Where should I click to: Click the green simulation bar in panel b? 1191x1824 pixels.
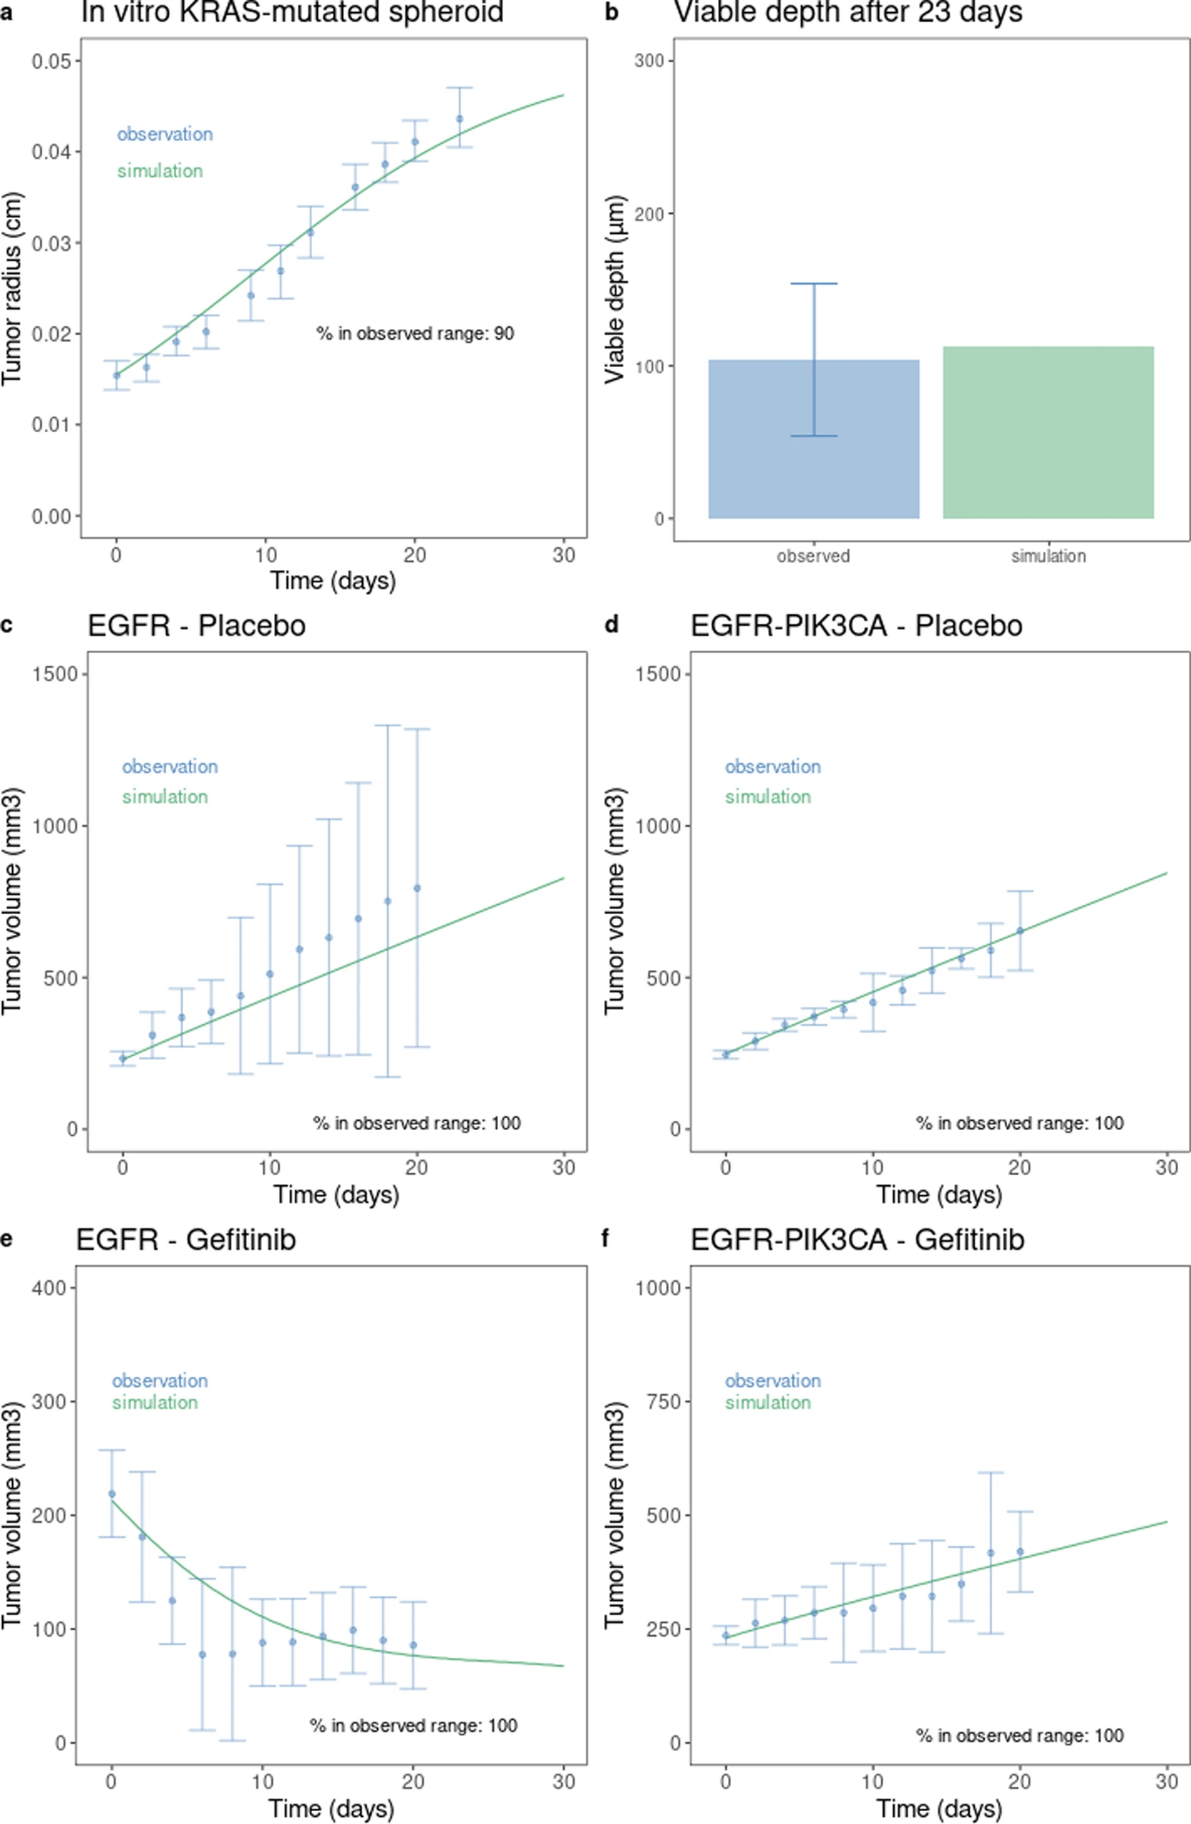click(x=1048, y=432)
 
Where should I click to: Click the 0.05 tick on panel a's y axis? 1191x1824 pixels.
click(x=55, y=61)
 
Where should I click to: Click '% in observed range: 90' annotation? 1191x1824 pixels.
click(x=415, y=333)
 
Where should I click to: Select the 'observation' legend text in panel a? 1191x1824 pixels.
click(x=164, y=134)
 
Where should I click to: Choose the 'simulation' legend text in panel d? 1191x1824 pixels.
click(x=768, y=797)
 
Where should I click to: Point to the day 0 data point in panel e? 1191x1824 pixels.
click(x=112, y=1494)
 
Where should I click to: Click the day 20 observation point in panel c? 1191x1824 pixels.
click(x=417, y=888)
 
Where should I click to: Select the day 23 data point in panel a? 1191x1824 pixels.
click(x=460, y=119)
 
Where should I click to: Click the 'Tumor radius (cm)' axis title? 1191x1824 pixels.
click(x=13, y=289)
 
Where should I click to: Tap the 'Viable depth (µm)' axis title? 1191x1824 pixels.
click(x=615, y=289)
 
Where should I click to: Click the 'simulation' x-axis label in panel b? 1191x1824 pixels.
click(x=1048, y=556)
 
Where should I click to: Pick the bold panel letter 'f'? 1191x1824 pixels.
click(x=605, y=1237)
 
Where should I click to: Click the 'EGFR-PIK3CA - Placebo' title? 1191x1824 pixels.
click(x=856, y=626)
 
